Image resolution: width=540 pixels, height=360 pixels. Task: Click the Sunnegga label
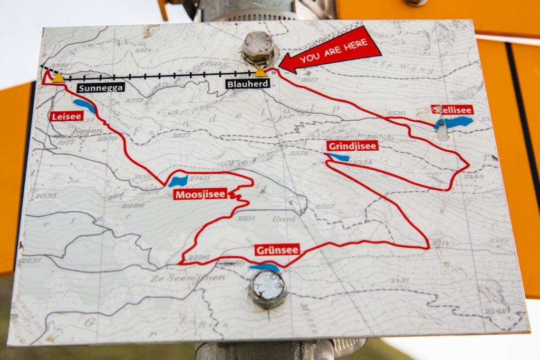[x=101, y=87]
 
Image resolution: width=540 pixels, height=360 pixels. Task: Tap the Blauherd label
[x=247, y=83]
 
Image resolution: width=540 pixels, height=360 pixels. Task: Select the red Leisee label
[x=67, y=116]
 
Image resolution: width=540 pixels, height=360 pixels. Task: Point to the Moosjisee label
[x=200, y=194]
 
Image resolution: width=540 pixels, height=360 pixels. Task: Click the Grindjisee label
[x=352, y=146]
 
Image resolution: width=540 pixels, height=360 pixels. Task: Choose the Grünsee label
[x=277, y=250]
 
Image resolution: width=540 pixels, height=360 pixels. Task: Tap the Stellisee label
[x=452, y=110]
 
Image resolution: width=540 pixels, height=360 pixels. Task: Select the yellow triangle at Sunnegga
[x=58, y=77]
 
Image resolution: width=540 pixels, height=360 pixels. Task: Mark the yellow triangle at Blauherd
[x=260, y=72]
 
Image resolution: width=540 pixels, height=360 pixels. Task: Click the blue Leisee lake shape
[x=84, y=105]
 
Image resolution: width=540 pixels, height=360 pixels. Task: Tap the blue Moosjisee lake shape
[x=178, y=181]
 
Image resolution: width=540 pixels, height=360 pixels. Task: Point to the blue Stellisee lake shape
[x=454, y=122]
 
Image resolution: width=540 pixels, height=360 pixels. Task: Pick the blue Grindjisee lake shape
[x=337, y=157]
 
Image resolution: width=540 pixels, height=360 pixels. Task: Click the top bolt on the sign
[x=258, y=48]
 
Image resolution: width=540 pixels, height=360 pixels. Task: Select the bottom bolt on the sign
[x=267, y=288]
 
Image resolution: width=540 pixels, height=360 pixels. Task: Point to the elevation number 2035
[x=45, y=196]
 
